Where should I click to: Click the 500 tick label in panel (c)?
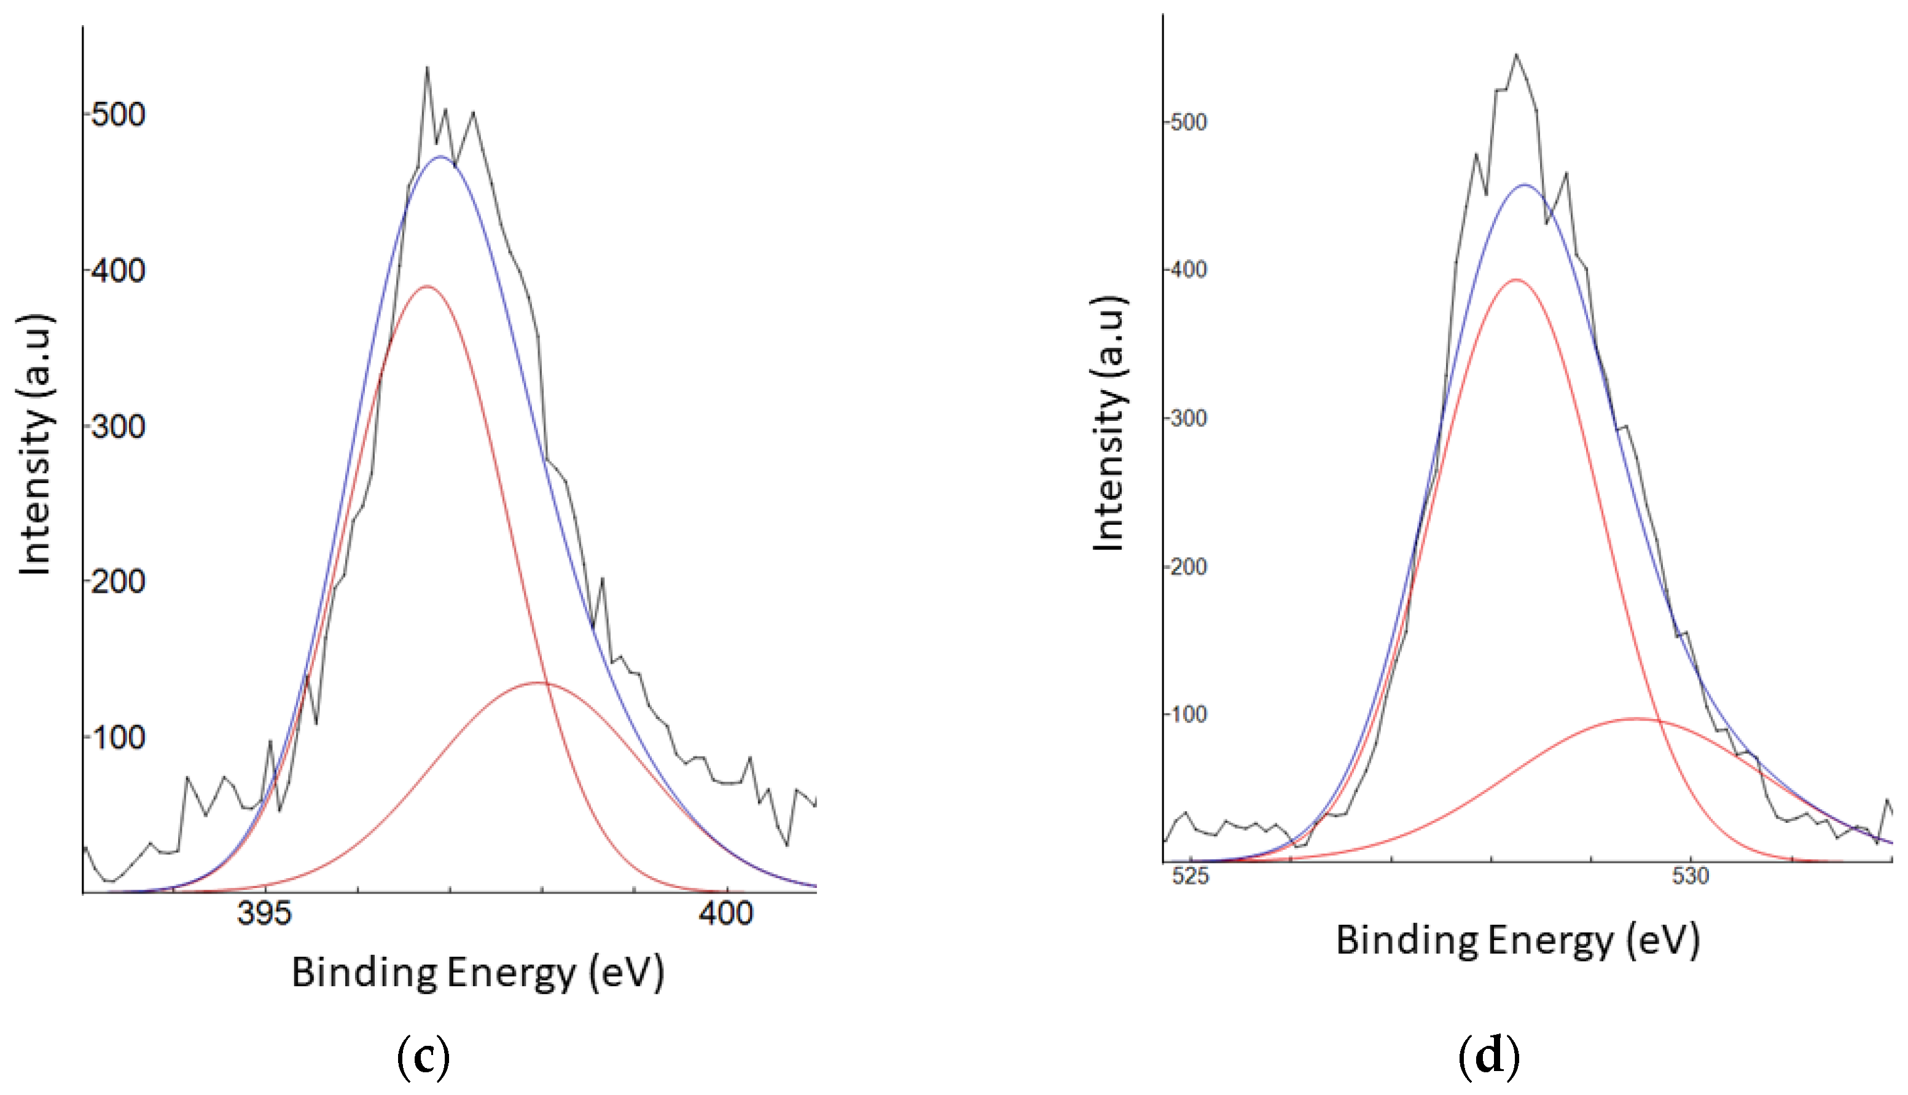pyautogui.click(x=118, y=115)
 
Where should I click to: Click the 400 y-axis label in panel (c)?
pyautogui.click(x=118, y=271)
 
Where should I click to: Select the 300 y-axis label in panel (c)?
pyautogui.click(x=118, y=427)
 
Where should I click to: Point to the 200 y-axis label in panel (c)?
pyautogui.click(x=118, y=581)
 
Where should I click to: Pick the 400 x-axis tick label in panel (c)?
pyautogui.click(x=725, y=914)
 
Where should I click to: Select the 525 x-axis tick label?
pyautogui.click(x=1191, y=876)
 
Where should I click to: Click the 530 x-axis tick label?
pyautogui.click(x=1691, y=876)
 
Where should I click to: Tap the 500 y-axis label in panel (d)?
pyautogui.click(x=1189, y=122)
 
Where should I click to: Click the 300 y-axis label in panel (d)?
pyautogui.click(x=1189, y=418)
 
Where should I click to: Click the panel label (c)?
pyautogui.click(x=423, y=1057)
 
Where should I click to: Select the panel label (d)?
pyautogui.click(x=1488, y=1057)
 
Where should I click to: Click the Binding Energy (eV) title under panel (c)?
pyautogui.click(x=478, y=973)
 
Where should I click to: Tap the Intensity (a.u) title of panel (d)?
pyautogui.click(x=1109, y=423)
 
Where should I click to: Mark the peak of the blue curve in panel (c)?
pyautogui.click(x=440, y=157)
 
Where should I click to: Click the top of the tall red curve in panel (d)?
pyautogui.click(x=1515, y=280)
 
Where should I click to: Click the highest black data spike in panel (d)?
pyautogui.click(x=1515, y=54)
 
